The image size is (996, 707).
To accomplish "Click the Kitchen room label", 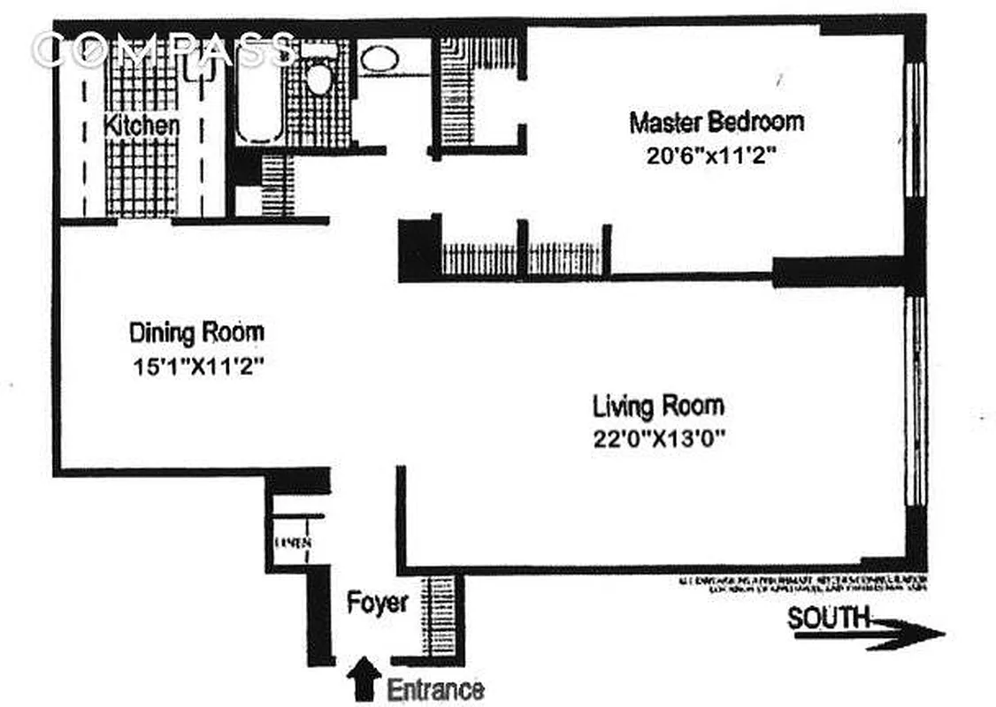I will (142, 125).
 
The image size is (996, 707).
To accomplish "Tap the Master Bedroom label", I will (716, 122).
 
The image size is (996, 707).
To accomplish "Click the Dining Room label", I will (196, 333).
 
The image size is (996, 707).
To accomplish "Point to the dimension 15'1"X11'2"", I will (197, 366).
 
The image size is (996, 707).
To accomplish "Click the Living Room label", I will (658, 407).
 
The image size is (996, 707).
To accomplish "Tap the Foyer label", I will (377, 604).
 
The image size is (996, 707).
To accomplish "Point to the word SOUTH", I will (828, 618).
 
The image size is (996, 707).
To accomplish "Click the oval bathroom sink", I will (379, 60).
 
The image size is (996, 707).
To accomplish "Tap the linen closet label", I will (291, 543).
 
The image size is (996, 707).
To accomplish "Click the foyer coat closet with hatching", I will (437, 615).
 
